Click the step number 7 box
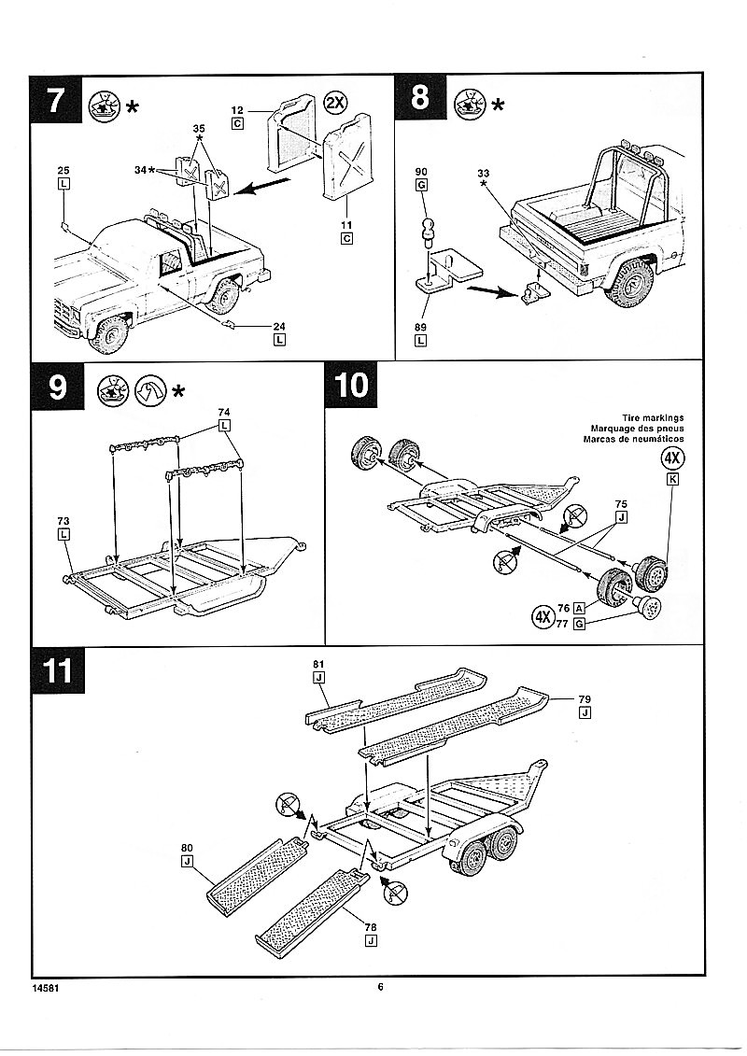pos(55,98)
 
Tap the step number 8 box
pos(420,98)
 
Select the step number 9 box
pos(55,386)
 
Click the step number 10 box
pos(351,386)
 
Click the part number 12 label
pos(238,110)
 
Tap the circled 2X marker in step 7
pos(337,103)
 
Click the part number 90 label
pos(421,171)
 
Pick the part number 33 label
pos(483,173)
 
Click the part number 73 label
pos(63,520)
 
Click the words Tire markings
pos(653,417)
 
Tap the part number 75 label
pos(621,503)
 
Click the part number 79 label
pos(585,698)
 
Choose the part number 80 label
pos(187,849)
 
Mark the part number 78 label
pos(371,925)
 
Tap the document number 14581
pos(48,987)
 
